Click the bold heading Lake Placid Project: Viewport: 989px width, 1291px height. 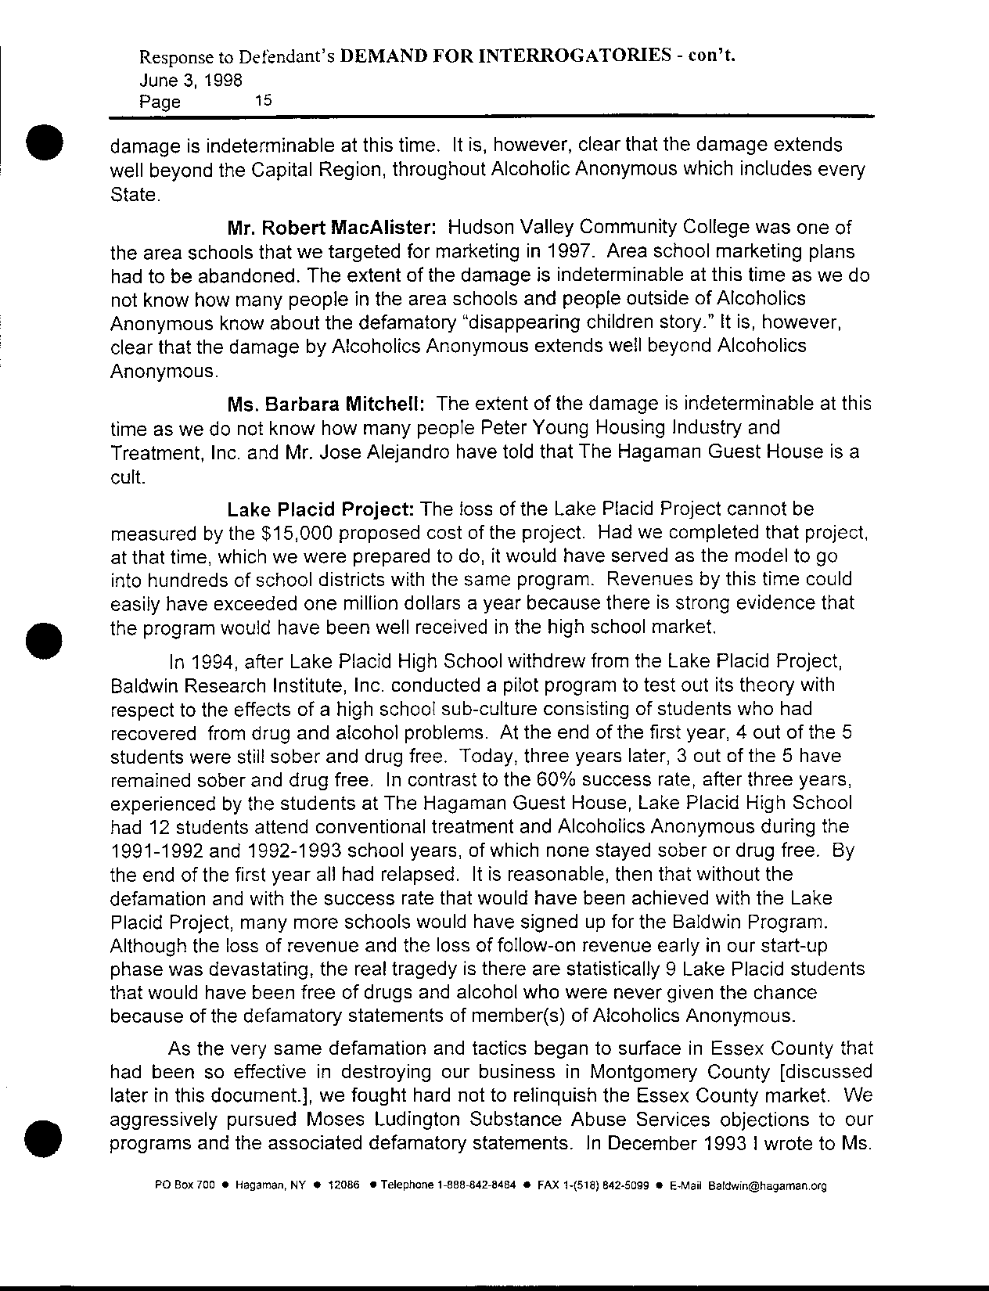pos(320,509)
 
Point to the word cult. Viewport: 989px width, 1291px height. pos(127,479)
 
